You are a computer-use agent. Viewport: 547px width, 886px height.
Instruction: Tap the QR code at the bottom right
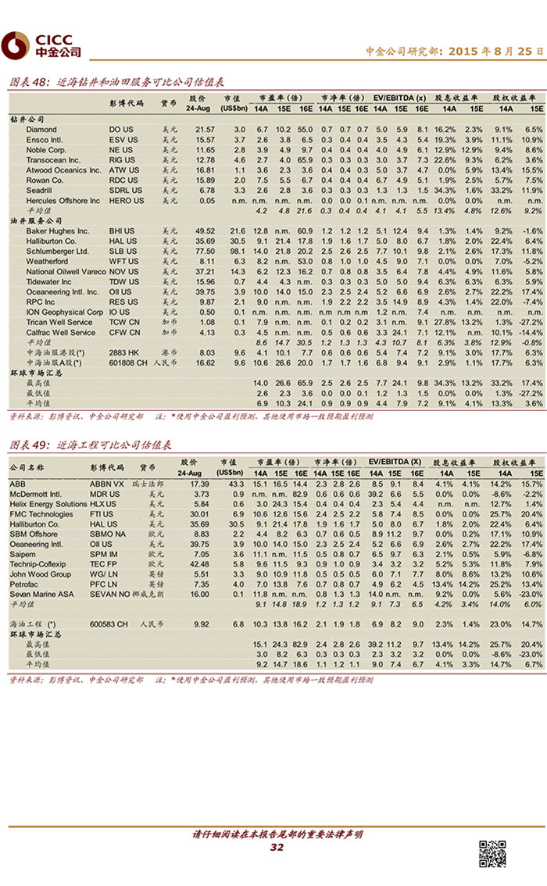coord(492,853)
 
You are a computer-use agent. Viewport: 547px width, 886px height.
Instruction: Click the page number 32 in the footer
coord(277,848)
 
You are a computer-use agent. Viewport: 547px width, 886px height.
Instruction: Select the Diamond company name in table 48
coord(41,129)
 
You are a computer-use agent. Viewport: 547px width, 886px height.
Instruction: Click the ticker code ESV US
coord(121,139)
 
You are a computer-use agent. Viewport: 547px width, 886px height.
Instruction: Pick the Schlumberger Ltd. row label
coord(57,252)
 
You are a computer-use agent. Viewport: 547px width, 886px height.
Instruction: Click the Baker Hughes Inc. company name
coord(58,231)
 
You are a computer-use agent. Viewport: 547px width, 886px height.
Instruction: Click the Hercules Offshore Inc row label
coord(63,201)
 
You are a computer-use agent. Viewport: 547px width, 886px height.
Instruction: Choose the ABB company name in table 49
coord(17,484)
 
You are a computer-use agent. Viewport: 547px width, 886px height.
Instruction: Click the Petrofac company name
coord(24,584)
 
